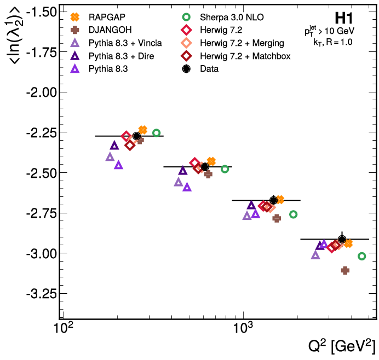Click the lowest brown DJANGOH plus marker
pyautogui.click(x=345, y=270)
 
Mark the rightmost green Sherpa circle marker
pyautogui.click(x=361, y=256)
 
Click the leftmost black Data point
pyautogui.click(x=137, y=136)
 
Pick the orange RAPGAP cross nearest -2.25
pyautogui.click(x=143, y=130)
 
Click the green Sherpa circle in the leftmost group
pyautogui.click(x=156, y=133)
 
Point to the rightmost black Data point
pyautogui.click(x=342, y=239)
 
